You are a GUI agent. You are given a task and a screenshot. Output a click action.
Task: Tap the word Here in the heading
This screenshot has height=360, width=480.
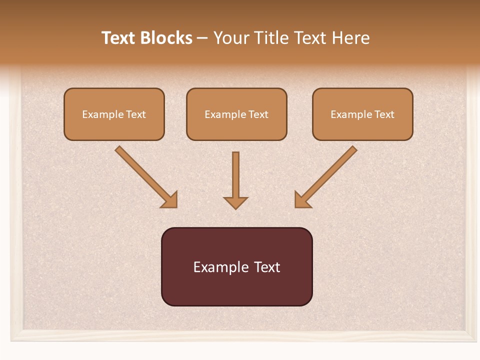coord(351,38)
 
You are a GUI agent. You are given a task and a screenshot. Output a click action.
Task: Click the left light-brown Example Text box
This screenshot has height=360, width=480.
coord(114,114)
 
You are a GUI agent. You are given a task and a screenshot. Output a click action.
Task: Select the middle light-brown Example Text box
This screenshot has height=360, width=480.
coord(236,114)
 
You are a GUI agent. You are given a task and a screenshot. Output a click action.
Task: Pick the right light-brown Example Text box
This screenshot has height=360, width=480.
coord(362,114)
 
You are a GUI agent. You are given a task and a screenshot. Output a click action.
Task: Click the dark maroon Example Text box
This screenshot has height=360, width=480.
coord(236,266)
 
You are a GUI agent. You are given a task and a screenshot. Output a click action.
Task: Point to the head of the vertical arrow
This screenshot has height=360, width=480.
coord(235,202)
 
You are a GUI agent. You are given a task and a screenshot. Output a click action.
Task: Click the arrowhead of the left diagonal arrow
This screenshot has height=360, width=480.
coord(170,200)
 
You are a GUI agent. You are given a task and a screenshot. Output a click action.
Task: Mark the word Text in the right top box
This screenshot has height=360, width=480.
coord(384,114)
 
